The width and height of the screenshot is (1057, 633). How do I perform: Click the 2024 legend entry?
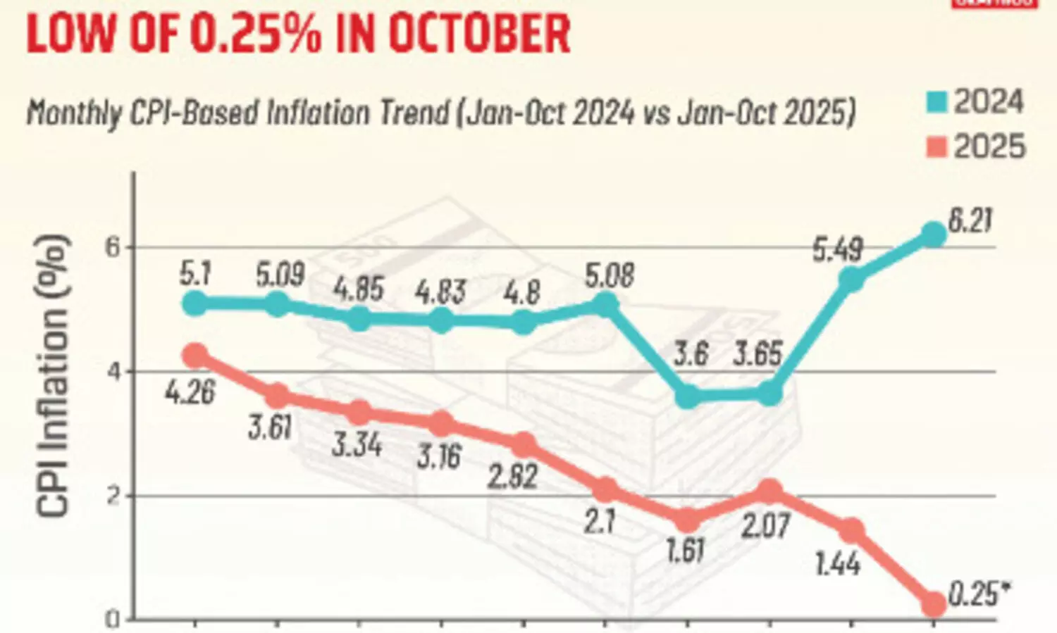pyautogui.click(x=975, y=103)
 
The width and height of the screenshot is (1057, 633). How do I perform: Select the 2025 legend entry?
pyautogui.click(x=975, y=147)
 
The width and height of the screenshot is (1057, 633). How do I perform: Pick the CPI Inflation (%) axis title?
pyautogui.click(x=54, y=377)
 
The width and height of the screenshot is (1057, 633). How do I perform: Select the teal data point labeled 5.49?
pyautogui.click(x=851, y=280)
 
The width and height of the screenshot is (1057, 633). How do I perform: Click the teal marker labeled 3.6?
pyautogui.click(x=688, y=396)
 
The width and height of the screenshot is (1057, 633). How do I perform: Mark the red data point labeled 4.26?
pyautogui.click(x=195, y=356)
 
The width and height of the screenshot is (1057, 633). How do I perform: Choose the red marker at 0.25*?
pyautogui.click(x=934, y=604)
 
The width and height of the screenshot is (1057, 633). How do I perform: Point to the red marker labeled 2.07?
pyautogui.click(x=769, y=491)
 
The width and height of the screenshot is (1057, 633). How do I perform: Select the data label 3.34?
pyautogui.click(x=357, y=445)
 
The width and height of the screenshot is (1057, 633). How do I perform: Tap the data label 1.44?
pyautogui.click(x=837, y=563)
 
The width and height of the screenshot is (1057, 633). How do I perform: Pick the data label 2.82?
pyautogui.click(x=513, y=477)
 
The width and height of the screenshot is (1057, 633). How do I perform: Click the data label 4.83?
pyautogui.click(x=440, y=292)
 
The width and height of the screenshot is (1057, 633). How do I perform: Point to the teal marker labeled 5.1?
pyautogui.click(x=195, y=303)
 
